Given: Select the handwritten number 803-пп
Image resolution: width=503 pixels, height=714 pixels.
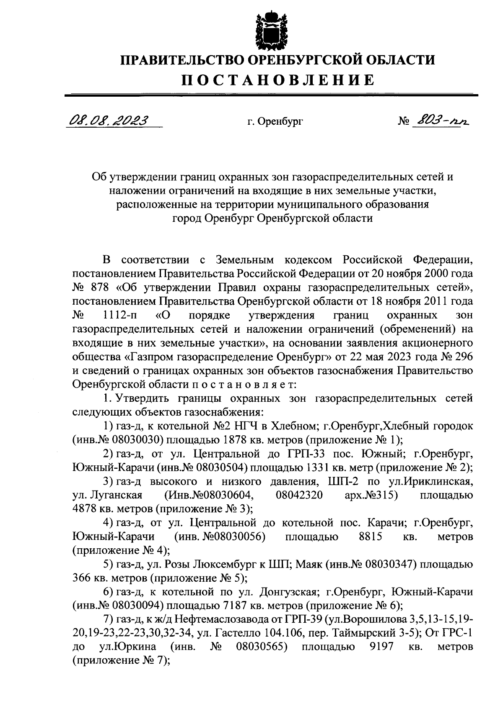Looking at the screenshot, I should coord(440,121).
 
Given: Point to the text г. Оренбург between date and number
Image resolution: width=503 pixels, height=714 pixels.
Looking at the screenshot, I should coord(275,122).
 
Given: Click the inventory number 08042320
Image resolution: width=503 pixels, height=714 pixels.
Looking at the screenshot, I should coord(299,495).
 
